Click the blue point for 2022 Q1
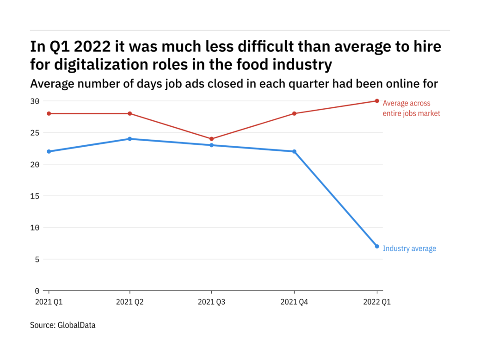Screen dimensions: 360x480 click(377, 246)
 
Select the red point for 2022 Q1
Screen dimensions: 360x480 click(377, 101)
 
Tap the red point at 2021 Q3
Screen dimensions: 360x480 click(212, 139)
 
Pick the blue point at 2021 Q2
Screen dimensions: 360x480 click(130, 139)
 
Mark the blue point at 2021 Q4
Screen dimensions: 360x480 click(294, 151)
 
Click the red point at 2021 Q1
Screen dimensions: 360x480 click(48, 113)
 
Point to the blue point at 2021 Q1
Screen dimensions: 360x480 click(48, 151)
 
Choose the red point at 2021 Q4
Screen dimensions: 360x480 click(294, 113)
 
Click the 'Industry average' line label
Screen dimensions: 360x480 click(409, 248)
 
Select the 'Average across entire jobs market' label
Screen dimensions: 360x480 click(411, 108)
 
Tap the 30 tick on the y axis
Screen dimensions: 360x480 click(35, 101)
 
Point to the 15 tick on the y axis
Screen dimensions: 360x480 click(35, 196)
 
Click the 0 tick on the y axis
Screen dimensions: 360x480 click(37, 291)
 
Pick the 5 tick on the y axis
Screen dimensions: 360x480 click(37, 259)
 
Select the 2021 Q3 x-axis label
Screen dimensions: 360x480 click(212, 302)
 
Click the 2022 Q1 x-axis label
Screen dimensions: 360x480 click(377, 302)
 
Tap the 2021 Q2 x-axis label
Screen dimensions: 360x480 click(130, 302)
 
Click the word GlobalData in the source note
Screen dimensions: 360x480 click(76, 325)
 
